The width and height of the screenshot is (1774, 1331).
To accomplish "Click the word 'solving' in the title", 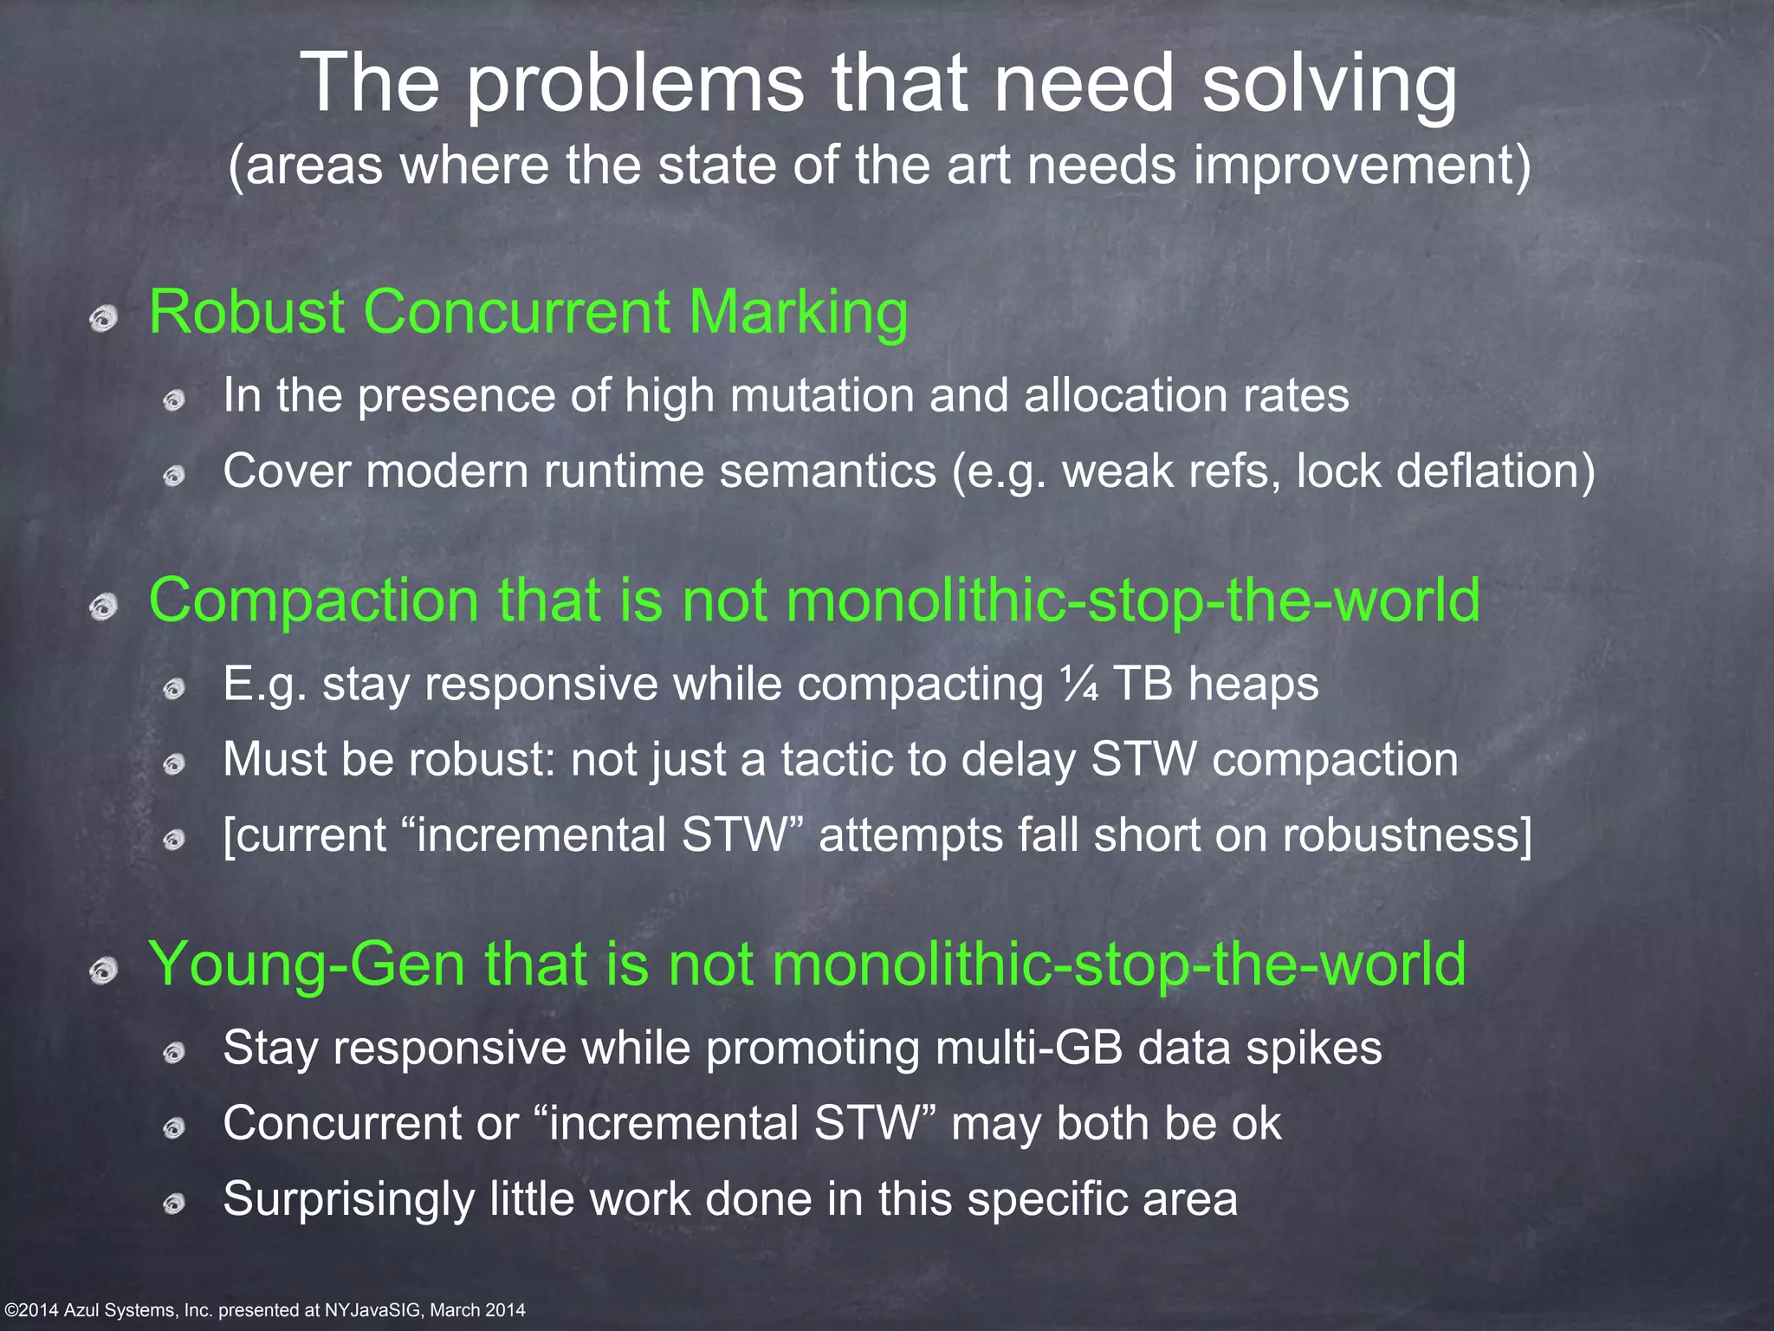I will tap(1330, 85).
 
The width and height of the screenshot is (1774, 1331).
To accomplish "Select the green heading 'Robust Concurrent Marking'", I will tap(528, 312).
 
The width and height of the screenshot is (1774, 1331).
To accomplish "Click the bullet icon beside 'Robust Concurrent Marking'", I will tap(104, 319).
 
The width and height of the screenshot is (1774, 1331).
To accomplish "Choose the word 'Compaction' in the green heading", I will tap(314, 600).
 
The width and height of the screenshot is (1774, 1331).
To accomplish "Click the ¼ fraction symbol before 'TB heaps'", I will tap(1079, 685).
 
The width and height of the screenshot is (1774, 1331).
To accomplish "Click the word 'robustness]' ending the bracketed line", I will tap(1407, 835).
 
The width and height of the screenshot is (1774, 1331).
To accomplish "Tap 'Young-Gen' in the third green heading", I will tap(308, 964).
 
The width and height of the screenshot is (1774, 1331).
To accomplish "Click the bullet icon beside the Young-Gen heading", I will tap(104, 971).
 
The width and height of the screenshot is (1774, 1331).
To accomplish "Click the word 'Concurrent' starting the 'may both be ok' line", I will tap(341, 1123).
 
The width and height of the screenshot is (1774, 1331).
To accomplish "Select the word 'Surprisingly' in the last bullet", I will tap(349, 1200).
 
